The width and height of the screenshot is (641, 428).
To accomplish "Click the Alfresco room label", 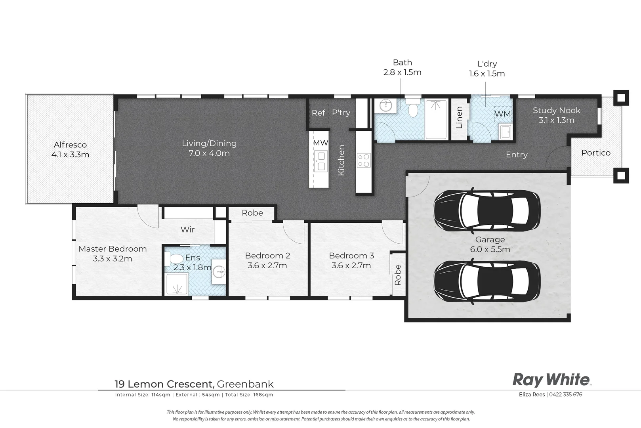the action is point(70,145).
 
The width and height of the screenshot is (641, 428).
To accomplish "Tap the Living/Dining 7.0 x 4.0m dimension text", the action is point(209,153).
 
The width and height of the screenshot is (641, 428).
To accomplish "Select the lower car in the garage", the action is point(487,280).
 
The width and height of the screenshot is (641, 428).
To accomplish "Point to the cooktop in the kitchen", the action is point(364,160).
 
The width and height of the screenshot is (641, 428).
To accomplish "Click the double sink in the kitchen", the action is point(321,161).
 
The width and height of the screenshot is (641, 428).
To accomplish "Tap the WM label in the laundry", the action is point(503,114).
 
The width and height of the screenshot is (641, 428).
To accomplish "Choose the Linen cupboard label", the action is point(459,117).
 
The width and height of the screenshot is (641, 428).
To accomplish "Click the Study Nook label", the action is point(556,111).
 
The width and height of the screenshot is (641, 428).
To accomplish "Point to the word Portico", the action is point(596,153).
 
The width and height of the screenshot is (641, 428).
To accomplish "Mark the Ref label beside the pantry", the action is point(318,113).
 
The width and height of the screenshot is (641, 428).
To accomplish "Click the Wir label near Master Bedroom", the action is point(187,229).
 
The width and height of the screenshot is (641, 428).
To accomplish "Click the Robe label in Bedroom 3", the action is point(398,275).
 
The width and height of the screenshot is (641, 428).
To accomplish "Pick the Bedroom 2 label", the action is point(267,256).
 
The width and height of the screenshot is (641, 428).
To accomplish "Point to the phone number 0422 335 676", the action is point(565,394).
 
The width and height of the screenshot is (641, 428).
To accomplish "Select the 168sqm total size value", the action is point(263,395).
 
